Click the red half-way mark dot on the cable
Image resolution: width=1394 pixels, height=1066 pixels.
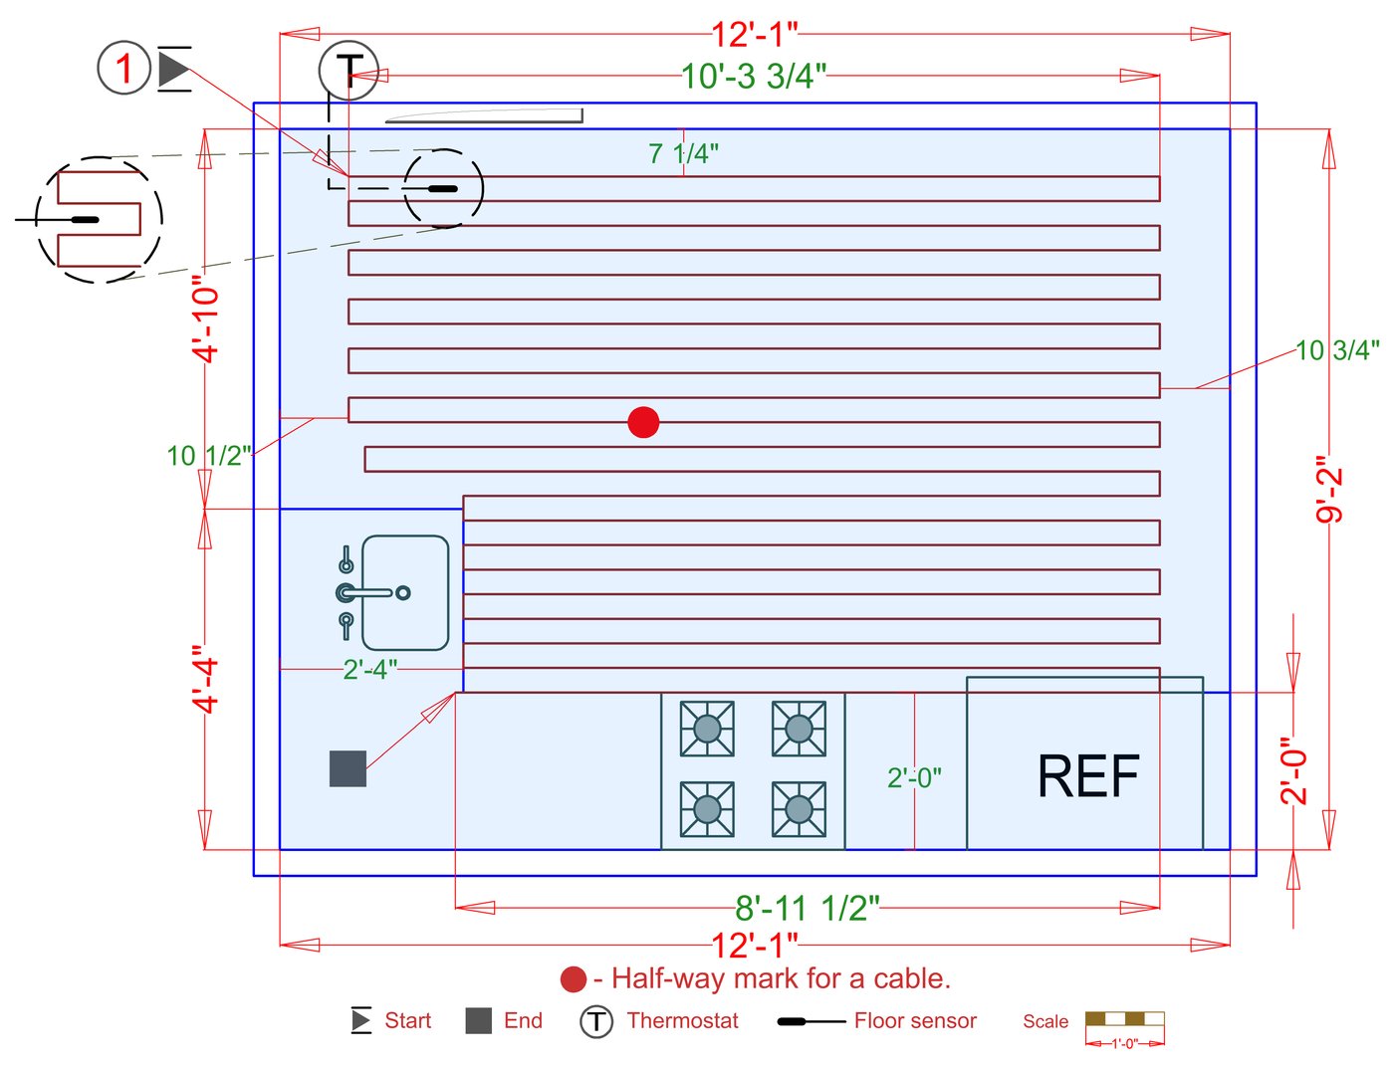[643, 422]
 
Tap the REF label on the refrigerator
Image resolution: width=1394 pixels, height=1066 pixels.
[1088, 776]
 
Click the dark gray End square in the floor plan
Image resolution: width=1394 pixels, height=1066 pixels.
[348, 768]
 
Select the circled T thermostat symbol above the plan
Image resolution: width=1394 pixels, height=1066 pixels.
[348, 71]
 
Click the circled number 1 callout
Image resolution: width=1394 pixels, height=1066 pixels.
[123, 69]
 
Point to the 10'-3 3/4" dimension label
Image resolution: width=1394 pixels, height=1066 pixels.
[754, 76]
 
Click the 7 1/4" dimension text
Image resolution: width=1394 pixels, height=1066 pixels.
[683, 153]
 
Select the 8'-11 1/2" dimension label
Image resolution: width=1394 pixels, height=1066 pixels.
[808, 908]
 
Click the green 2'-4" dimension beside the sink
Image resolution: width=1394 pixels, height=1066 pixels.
[370, 670]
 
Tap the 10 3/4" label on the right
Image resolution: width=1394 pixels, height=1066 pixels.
[1336, 349]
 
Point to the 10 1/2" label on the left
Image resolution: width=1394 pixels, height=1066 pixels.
[208, 456]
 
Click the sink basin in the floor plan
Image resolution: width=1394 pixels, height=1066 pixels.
[404, 593]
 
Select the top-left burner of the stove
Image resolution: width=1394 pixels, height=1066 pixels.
[707, 729]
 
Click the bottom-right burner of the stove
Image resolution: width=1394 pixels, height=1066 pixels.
[799, 809]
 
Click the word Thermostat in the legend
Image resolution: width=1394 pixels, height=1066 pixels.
[683, 1021]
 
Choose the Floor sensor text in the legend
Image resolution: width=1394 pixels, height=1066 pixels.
[915, 1021]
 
